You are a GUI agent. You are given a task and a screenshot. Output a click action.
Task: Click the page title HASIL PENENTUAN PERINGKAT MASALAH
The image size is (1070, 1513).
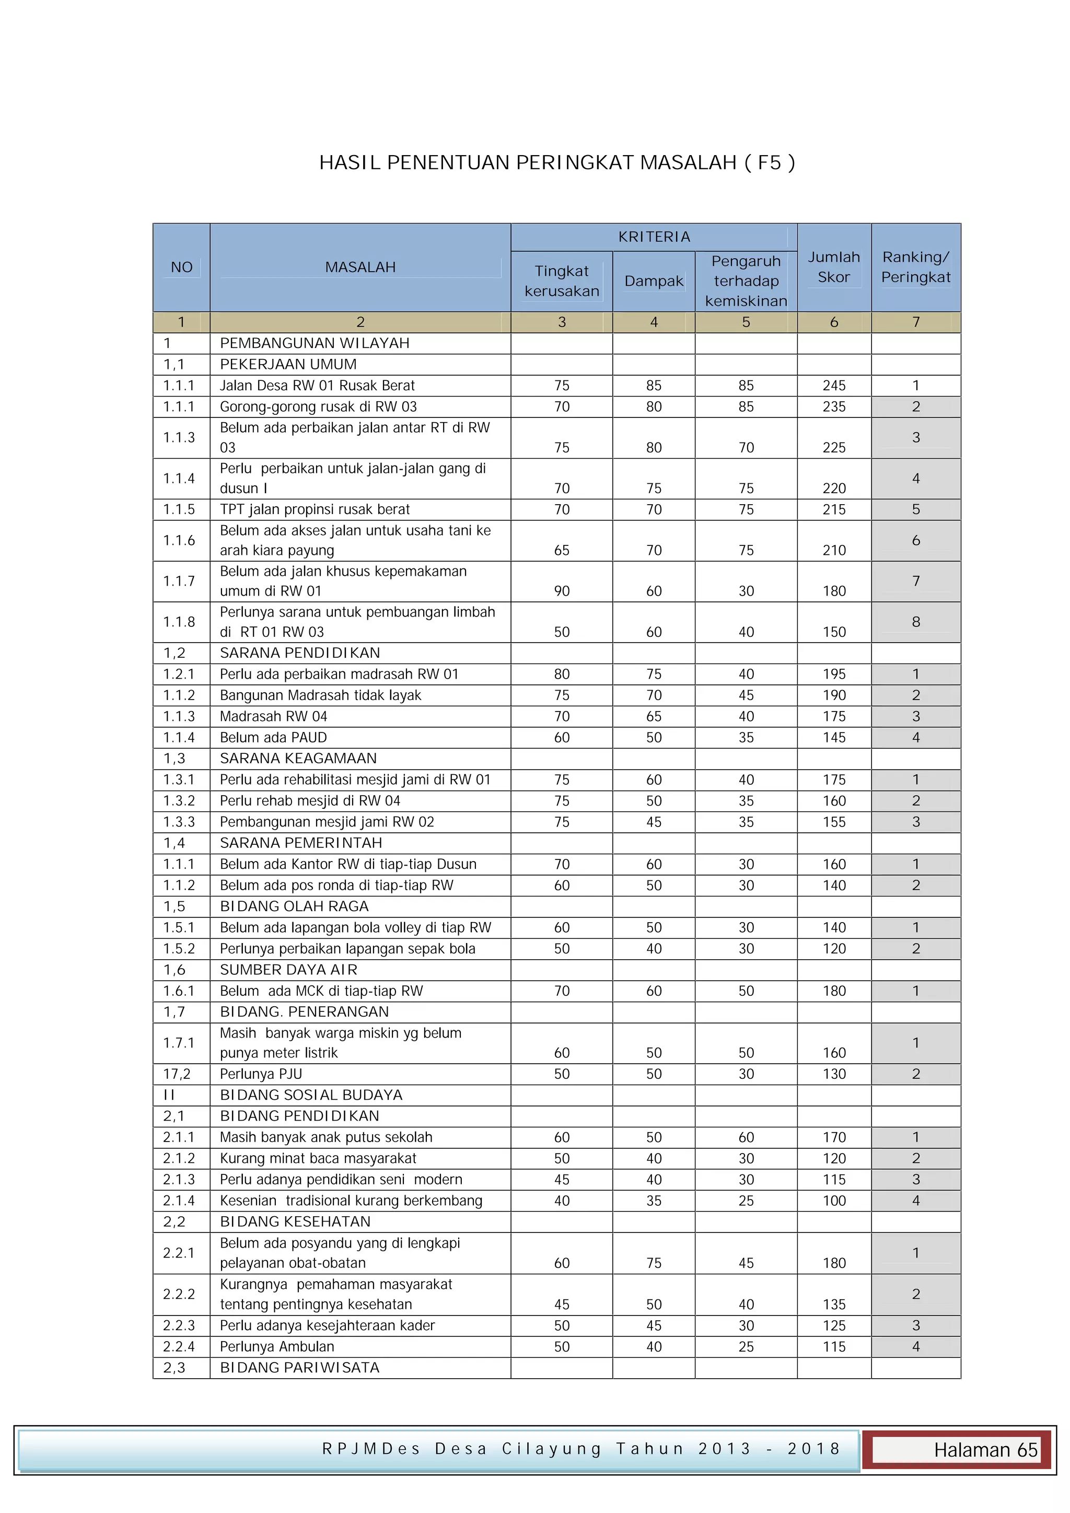(557, 163)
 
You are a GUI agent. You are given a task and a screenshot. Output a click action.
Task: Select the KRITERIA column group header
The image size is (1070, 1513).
(654, 237)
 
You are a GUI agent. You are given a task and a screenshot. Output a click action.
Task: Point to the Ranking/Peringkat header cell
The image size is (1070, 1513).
(916, 267)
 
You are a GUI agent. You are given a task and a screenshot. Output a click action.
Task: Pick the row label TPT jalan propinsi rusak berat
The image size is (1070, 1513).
(315, 509)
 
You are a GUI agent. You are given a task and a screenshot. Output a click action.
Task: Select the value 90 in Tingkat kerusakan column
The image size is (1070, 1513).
(561, 591)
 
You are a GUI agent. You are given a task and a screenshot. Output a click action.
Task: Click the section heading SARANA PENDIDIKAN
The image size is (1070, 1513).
(300, 653)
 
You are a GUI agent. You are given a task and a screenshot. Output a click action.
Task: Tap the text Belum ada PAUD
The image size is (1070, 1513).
(273, 737)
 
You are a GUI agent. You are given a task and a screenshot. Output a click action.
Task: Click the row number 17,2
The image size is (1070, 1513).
(177, 1074)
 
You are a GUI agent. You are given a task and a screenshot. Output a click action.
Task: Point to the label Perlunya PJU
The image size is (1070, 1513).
(261, 1074)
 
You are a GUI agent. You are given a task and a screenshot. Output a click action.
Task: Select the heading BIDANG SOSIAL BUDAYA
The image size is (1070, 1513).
(311, 1095)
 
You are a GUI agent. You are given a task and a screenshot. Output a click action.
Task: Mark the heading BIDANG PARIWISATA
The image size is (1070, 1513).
(300, 1368)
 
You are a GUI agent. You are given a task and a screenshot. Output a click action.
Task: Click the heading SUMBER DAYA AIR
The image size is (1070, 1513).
(288, 970)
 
